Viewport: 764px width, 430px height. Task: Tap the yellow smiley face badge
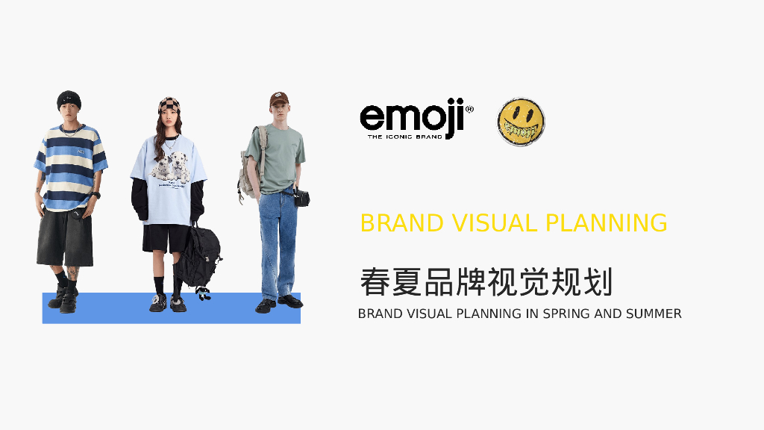pos(521,122)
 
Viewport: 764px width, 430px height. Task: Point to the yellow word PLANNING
pos(606,222)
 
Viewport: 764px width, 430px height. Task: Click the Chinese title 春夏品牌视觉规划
pos(486,281)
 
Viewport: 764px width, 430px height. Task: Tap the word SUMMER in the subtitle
pos(654,314)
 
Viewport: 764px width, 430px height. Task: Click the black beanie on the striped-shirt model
pos(69,98)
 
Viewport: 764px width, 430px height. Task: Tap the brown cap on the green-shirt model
pos(279,98)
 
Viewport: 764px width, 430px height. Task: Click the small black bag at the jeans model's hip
pos(302,198)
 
